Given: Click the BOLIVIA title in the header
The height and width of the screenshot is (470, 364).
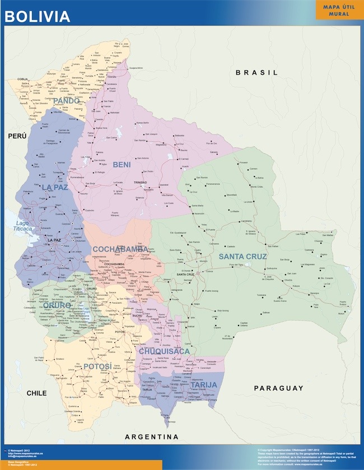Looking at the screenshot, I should tap(38, 16).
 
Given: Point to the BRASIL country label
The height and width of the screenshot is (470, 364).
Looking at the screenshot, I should tap(256, 72).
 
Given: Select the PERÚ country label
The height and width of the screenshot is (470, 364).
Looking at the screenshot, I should tap(17, 136).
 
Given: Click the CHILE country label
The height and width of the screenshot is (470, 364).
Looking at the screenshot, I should tap(36, 393).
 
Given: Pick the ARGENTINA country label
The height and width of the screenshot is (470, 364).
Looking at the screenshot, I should tap(151, 436).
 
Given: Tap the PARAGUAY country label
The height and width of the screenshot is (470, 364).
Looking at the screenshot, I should tap(278, 388).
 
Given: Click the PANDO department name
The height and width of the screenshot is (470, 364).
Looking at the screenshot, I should tap(70, 101).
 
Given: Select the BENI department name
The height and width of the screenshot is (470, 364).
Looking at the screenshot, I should tap(122, 164).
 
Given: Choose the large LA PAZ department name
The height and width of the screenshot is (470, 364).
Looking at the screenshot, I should tap(54, 187).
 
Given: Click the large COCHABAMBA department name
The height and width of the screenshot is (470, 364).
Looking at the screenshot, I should tap(120, 249).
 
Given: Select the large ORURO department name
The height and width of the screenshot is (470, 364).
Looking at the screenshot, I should tap(57, 305).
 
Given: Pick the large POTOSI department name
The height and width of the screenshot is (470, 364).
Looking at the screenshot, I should tap(97, 366).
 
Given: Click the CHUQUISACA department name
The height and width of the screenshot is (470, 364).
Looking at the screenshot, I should tap(165, 351).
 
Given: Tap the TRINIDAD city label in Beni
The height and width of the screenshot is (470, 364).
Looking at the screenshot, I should tap(141, 183).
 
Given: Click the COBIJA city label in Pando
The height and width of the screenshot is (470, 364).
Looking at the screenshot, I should tap(22, 79).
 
